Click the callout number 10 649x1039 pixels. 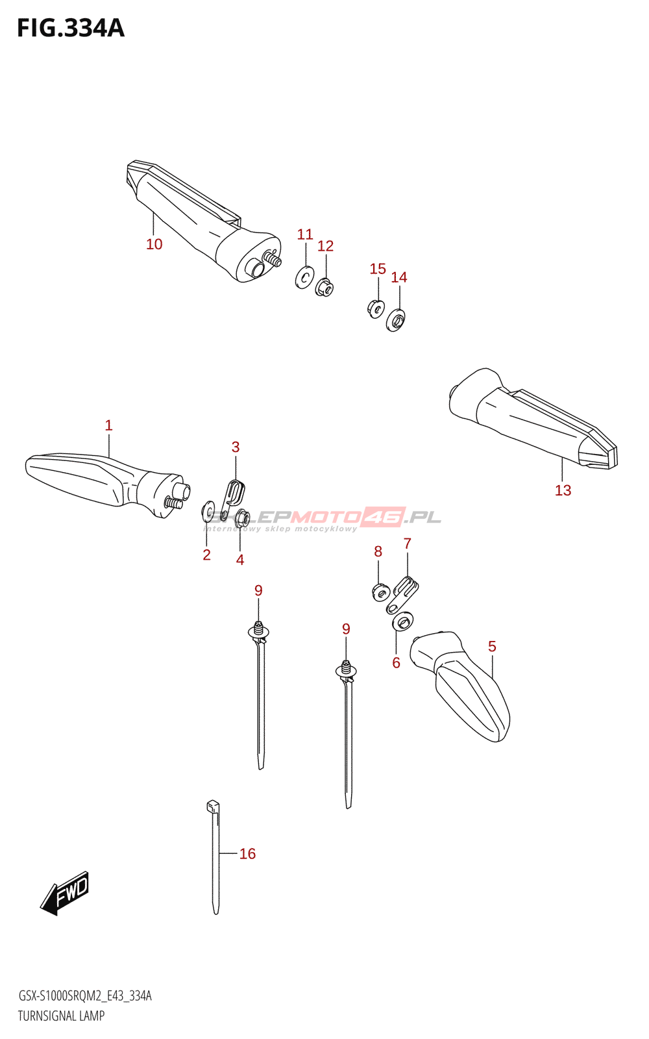[154, 244]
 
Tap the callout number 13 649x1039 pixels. [563, 490]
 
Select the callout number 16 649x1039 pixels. [247, 854]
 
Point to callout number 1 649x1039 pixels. [108, 425]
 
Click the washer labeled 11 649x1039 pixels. [304, 277]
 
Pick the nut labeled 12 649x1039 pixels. [324, 286]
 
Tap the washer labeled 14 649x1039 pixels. [395, 320]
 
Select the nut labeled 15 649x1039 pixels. [375, 308]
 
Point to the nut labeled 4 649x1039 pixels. [242, 518]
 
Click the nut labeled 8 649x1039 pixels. [381, 592]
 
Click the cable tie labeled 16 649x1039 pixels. [215, 857]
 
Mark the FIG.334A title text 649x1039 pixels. [70, 29]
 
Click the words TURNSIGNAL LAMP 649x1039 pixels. [61, 1016]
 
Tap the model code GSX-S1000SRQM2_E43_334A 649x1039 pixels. [84, 996]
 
